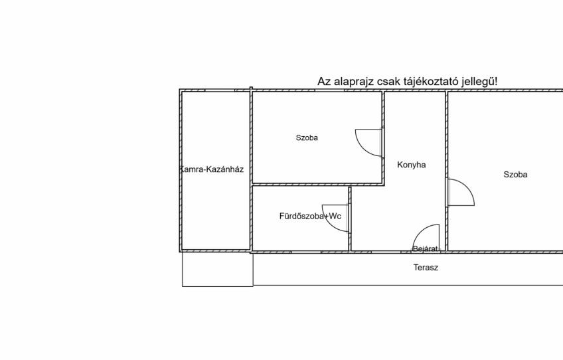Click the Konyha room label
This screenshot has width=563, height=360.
(x=412, y=165)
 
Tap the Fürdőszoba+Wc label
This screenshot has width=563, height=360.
(x=310, y=217)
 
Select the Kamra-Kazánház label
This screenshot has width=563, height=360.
(x=212, y=169)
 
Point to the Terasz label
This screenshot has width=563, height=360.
(x=426, y=268)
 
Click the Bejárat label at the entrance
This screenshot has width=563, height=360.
(x=426, y=248)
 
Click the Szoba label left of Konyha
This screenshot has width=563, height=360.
(x=307, y=137)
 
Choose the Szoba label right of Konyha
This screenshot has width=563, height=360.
(x=515, y=175)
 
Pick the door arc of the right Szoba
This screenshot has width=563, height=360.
(x=469, y=187)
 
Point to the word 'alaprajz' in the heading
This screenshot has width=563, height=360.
(x=354, y=82)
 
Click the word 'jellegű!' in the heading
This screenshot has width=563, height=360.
(x=479, y=82)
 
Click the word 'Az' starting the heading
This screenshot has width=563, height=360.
(x=324, y=82)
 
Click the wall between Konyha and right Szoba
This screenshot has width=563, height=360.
(x=447, y=171)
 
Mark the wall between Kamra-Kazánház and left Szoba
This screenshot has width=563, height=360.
(x=251, y=170)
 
